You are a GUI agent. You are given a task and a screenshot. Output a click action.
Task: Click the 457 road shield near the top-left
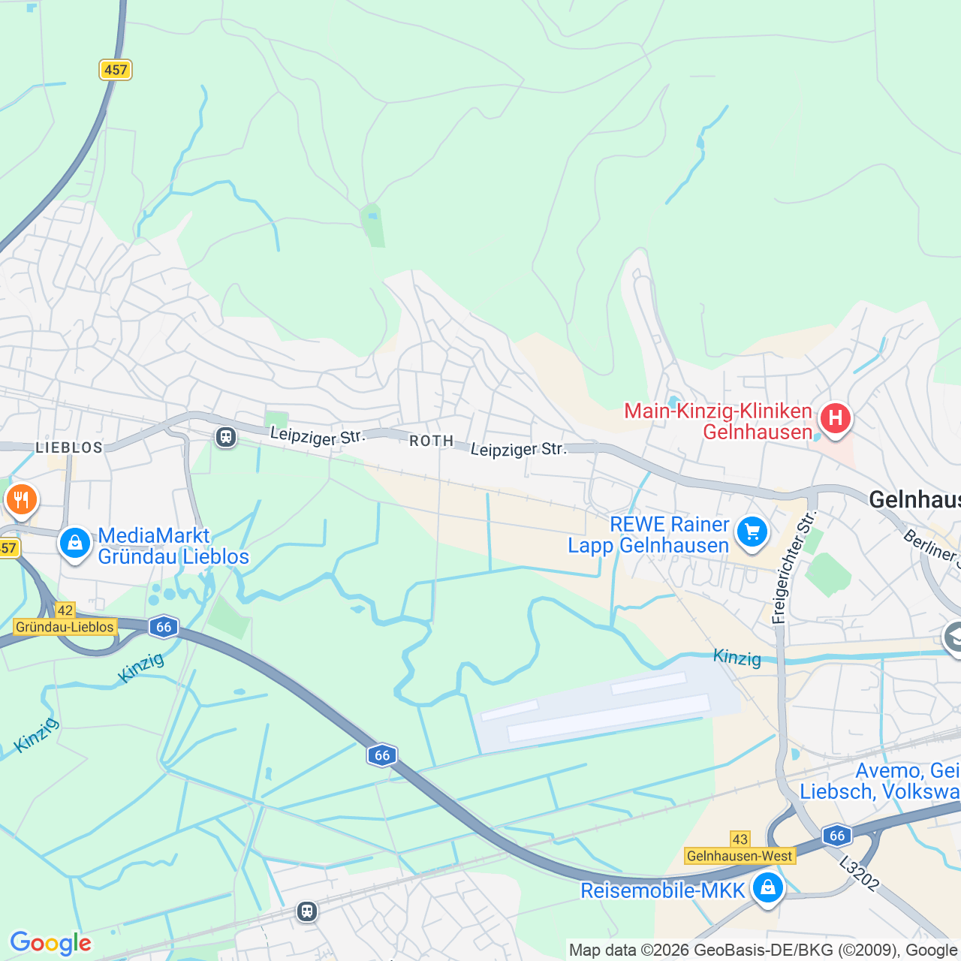point(116,70)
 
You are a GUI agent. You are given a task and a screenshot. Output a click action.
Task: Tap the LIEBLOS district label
point(69,447)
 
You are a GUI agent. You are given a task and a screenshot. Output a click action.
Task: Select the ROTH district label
point(432,441)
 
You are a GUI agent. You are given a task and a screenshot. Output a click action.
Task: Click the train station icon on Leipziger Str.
point(226,436)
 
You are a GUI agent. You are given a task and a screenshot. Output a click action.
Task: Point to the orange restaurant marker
point(21,500)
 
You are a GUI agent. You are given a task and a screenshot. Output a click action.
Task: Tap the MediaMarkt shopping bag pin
point(75,543)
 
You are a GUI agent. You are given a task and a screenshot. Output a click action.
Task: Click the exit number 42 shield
point(65,610)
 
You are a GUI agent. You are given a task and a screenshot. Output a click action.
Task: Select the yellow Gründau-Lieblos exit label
point(65,627)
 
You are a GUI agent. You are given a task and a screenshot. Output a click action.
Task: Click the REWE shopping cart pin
point(752,532)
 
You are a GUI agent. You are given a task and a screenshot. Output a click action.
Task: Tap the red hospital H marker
point(835,419)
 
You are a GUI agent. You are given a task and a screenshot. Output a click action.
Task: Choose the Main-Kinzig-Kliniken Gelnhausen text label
point(718,421)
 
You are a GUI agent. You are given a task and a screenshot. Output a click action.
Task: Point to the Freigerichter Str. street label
point(793,568)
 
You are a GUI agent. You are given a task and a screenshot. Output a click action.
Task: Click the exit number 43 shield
point(740,839)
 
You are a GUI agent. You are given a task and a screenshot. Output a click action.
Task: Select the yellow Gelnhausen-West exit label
point(740,856)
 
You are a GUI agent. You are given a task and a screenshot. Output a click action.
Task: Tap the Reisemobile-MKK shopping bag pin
point(767,888)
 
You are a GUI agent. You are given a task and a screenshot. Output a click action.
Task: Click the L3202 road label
point(859,874)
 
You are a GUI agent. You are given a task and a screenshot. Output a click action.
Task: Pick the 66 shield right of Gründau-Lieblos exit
point(164,627)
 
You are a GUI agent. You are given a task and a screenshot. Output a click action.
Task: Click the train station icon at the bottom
point(306,911)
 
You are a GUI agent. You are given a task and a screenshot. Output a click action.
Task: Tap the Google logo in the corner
point(50,943)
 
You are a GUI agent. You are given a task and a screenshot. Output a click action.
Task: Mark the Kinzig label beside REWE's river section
point(737,658)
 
